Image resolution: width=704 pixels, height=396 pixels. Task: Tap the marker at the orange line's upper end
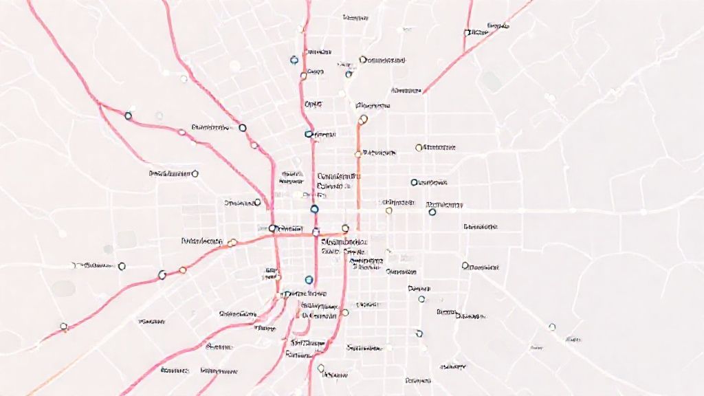(363, 119)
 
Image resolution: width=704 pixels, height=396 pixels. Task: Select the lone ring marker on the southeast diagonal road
(552, 327)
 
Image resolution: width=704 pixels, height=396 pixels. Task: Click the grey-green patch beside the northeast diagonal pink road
(491, 80)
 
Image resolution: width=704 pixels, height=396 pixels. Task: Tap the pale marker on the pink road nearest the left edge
(64, 327)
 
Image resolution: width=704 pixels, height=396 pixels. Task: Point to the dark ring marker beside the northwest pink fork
(128, 116)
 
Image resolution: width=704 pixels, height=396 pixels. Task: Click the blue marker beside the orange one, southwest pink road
(162, 275)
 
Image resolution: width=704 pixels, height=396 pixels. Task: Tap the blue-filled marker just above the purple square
(314, 209)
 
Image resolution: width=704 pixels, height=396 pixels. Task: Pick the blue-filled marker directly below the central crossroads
(308, 279)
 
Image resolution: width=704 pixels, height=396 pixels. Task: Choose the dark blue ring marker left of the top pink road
(294, 60)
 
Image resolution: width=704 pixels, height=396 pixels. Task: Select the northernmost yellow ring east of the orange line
(419, 147)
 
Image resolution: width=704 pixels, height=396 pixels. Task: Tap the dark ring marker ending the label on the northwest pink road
(242, 127)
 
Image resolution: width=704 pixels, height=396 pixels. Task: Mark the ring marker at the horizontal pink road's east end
(346, 227)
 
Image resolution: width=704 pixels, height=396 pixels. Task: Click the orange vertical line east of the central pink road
(358, 172)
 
